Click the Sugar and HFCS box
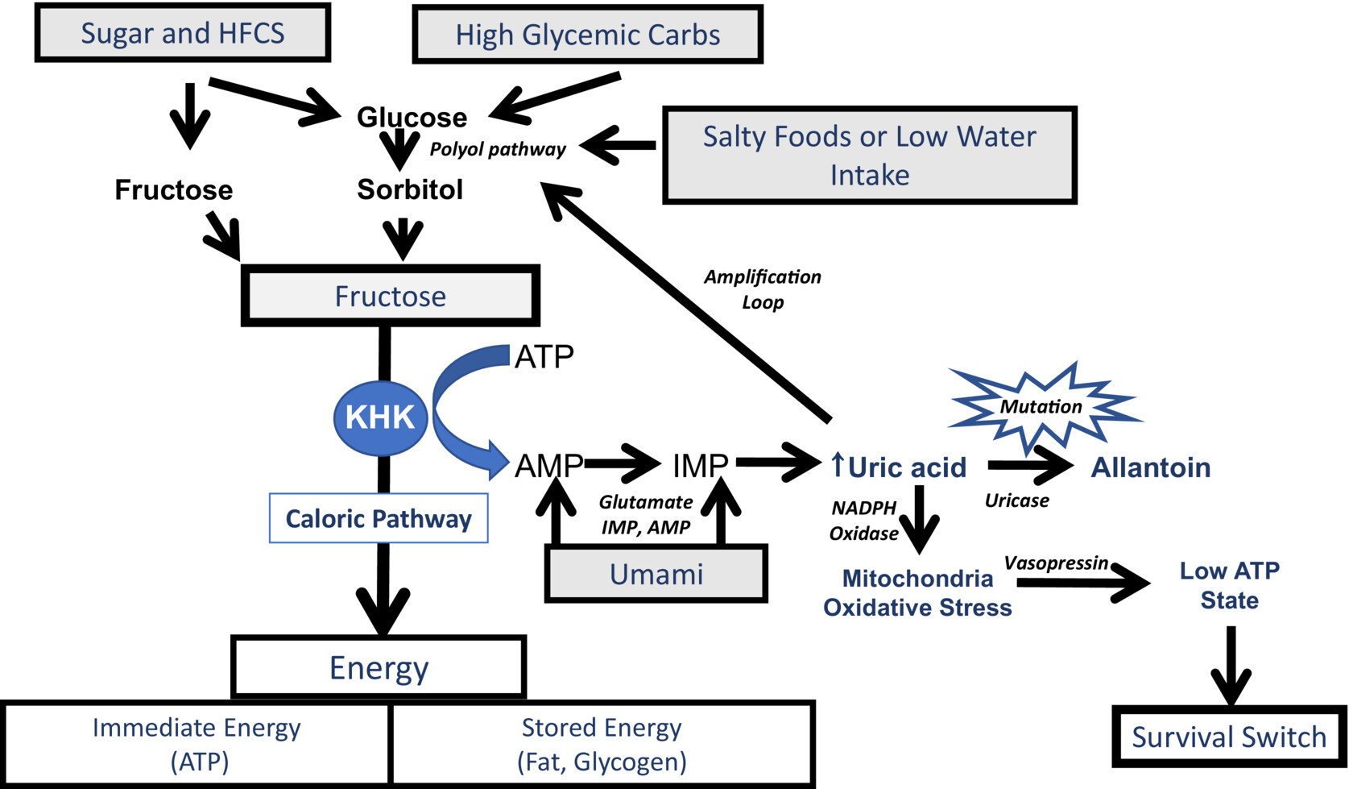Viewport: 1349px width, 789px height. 183,33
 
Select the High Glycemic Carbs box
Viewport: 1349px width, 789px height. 587,35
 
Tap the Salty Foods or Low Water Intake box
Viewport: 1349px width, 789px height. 870,155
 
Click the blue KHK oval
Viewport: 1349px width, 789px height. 380,417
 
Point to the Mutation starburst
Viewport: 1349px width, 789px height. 1041,407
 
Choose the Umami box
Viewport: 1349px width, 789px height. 656,574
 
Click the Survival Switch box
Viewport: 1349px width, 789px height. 1229,737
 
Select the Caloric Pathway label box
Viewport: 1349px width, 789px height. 379,518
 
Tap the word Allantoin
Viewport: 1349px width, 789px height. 1150,467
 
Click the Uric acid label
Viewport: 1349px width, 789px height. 899,467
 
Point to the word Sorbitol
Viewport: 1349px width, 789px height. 410,189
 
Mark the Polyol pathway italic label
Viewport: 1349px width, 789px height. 498,149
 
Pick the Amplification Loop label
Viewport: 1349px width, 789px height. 763,289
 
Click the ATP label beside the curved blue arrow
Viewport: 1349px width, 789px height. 544,356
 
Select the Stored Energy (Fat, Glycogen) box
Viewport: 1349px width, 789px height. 602,744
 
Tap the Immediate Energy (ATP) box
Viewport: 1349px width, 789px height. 197,744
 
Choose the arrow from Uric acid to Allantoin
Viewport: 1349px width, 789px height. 1031,465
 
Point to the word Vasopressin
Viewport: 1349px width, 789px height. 1056,563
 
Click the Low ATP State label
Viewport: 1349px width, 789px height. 1229,585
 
